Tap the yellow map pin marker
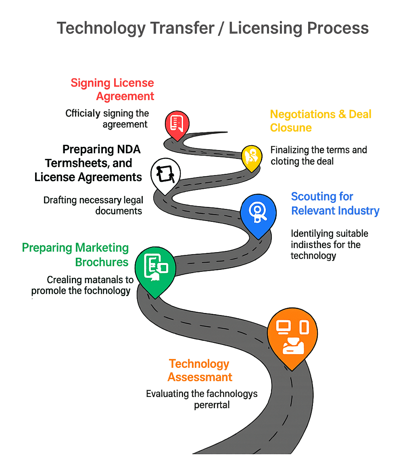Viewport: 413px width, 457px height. tap(251, 157)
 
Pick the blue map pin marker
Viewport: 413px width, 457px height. tap(258, 213)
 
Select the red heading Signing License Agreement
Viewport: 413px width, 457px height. tap(113, 90)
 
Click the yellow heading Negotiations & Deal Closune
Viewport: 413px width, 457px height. tap(320, 121)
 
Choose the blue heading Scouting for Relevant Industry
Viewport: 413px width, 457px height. tap(335, 204)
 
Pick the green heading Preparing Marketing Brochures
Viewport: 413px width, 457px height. tap(75, 255)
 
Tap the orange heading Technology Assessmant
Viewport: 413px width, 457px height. tap(200, 370)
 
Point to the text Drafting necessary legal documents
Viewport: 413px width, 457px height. tap(94, 205)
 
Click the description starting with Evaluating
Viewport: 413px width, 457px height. tap(202, 399)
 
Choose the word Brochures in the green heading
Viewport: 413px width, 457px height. tap(102, 262)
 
